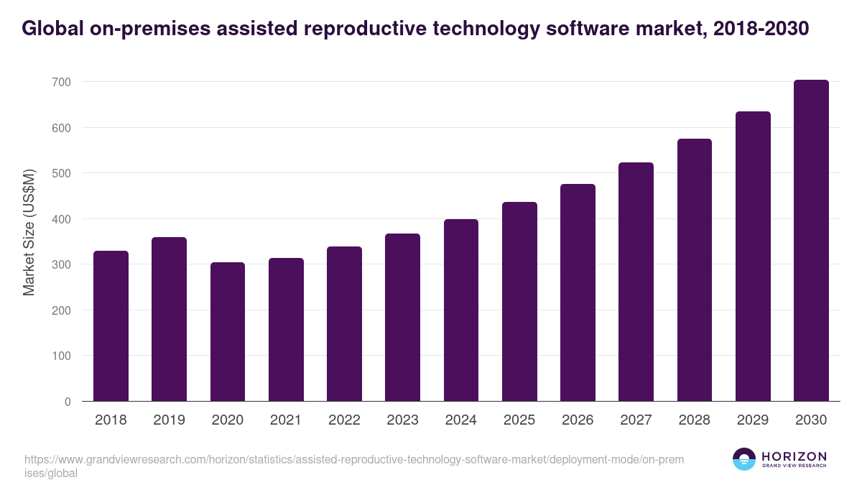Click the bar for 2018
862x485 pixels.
click(111, 326)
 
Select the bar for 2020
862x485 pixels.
click(228, 332)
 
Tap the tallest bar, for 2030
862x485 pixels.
click(811, 241)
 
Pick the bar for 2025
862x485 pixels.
click(519, 302)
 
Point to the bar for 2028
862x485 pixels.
click(694, 270)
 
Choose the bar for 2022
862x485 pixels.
click(344, 324)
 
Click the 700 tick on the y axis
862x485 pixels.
click(61, 83)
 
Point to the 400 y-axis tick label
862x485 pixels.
click(61, 219)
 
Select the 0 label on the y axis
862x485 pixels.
click(68, 402)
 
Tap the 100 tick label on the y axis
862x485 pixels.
click(61, 356)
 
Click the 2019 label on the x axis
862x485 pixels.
click(169, 420)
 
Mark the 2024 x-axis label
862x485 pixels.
click(460, 420)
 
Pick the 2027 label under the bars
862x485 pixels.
click(636, 420)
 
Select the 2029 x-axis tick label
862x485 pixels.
click(753, 420)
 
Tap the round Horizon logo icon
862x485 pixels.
click(743, 460)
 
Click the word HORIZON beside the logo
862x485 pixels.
click(794, 456)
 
